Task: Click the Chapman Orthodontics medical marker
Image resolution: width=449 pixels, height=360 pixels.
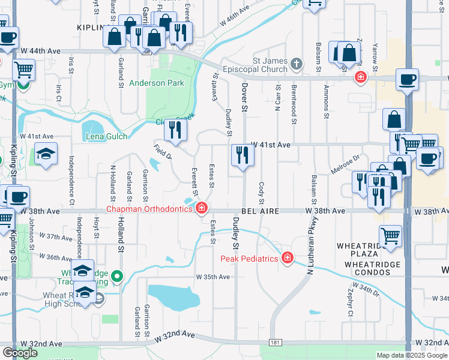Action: [x=202, y=209]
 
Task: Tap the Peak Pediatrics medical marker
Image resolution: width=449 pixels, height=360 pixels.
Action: [x=288, y=258]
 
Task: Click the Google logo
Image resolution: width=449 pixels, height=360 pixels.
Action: [x=20, y=353]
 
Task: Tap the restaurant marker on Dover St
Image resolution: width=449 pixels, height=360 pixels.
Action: [x=243, y=156]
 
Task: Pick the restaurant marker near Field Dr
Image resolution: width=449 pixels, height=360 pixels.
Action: [x=175, y=131]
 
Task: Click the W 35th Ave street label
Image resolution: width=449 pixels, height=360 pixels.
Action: [x=213, y=277]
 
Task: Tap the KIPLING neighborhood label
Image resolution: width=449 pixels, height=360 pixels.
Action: [x=90, y=28]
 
